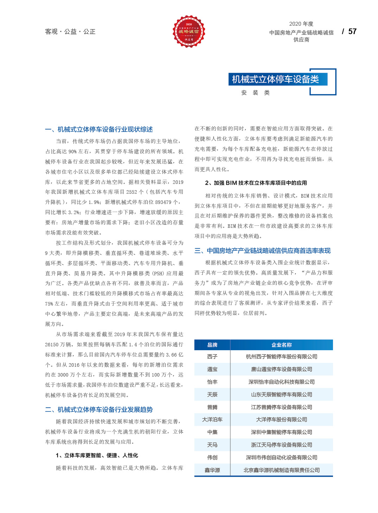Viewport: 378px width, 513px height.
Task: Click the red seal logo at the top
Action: coord(189,31)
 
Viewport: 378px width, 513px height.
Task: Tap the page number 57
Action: coord(352,32)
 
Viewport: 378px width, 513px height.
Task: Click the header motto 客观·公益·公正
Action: coord(70,32)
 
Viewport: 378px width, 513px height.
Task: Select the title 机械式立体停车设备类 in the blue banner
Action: coord(275,79)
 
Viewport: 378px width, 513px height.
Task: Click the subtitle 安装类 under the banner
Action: coord(256,93)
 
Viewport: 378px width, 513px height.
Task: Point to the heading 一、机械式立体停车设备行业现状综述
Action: coord(99,129)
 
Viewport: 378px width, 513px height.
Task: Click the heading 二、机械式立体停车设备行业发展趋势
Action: coord(99,410)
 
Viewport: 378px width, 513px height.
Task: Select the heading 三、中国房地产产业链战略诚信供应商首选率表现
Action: coord(263,251)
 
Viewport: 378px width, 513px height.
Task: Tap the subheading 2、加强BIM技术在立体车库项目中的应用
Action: coord(256,183)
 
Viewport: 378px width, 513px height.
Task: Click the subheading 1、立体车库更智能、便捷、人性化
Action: coord(97,455)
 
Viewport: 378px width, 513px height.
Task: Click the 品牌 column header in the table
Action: coord(212,345)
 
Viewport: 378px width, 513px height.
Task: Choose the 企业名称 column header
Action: coord(282,345)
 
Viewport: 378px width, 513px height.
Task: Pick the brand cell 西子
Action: coord(212,357)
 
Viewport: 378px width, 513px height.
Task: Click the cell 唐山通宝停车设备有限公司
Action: coord(282,369)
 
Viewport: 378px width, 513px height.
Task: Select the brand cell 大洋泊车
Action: coord(212,419)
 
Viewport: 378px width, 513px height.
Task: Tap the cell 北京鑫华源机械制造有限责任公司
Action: coord(282,470)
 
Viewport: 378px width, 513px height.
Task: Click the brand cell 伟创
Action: coord(212,457)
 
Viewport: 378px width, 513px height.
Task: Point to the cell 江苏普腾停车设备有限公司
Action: coord(282,407)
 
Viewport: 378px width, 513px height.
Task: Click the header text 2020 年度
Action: coord(301,24)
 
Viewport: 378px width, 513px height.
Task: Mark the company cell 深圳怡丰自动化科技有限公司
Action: coord(282,382)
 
